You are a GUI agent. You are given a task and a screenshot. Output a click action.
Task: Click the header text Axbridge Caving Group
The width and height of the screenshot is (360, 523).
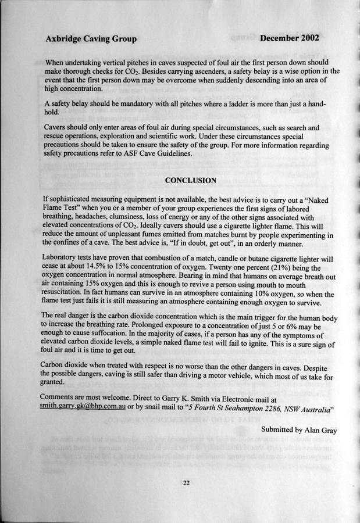[91, 39]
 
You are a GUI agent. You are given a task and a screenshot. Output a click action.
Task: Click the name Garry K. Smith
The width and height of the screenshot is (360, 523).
[235, 400]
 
